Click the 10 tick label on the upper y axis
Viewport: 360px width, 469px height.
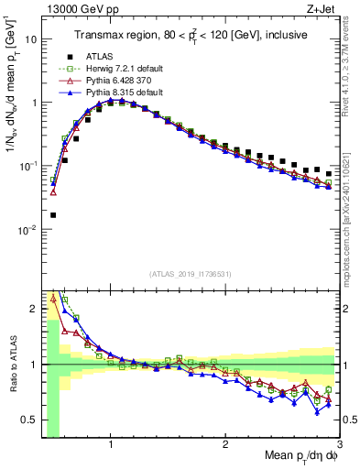pos(32,39)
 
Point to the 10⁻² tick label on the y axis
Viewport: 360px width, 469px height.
pos(29,229)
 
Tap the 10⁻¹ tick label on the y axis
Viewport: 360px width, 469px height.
pos(29,166)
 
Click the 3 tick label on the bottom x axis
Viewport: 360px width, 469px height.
pos(339,446)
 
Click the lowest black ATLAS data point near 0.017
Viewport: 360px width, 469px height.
pos(53,215)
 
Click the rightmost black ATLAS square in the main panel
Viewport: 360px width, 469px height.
pos(329,173)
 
